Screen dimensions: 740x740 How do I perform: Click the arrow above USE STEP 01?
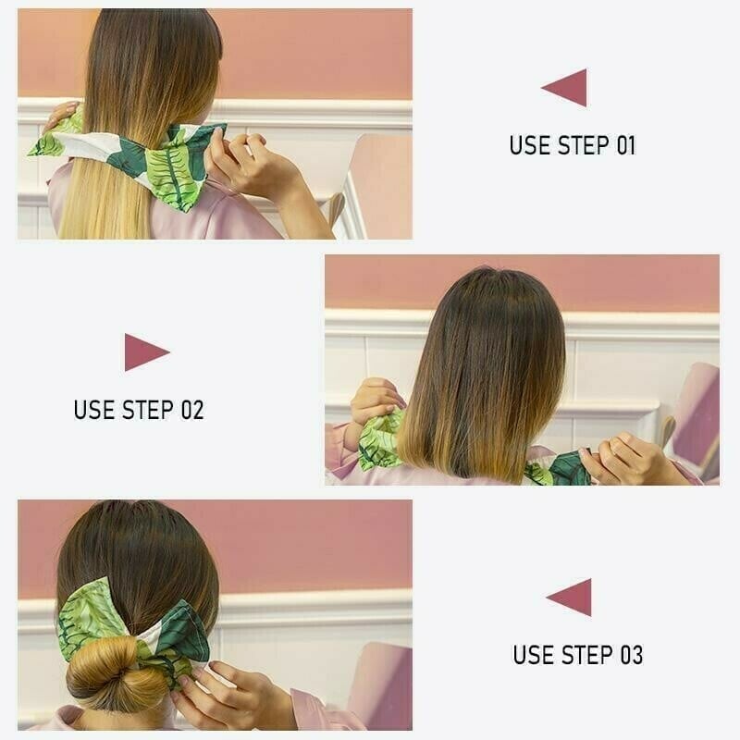[566, 88]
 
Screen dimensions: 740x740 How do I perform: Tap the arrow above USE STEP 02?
[145, 352]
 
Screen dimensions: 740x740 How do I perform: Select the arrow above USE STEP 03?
[571, 598]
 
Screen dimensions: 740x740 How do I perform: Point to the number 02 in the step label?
[191, 410]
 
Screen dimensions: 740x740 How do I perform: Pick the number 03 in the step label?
[630, 655]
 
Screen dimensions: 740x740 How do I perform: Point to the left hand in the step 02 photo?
[376, 401]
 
